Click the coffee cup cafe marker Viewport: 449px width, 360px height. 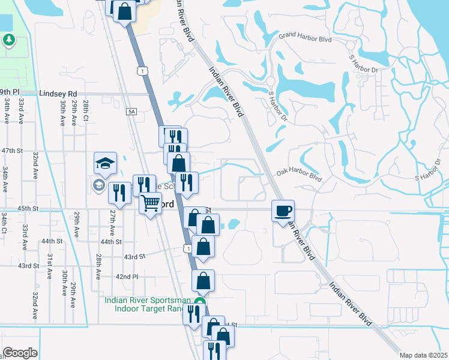point(283,211)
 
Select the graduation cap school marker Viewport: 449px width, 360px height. point(104,163)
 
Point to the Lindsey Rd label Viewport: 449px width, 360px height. point(58,94)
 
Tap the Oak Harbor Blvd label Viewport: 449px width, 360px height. point(300,175)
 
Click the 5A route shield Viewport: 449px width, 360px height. point(132,111)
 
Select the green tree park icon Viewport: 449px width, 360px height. point(8,40)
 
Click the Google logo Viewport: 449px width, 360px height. point(20,352)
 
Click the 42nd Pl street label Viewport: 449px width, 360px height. point(127,277)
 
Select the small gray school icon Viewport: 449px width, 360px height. point(98,184)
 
